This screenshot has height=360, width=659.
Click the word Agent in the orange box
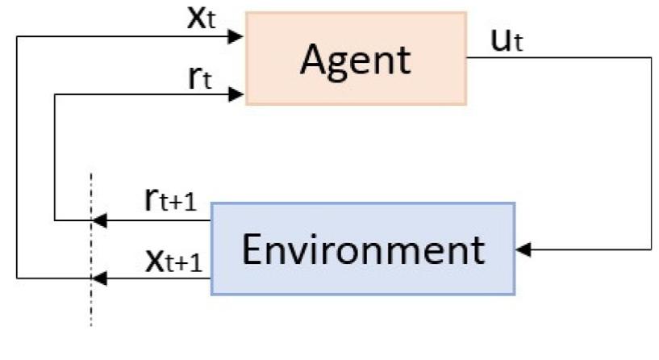click(x=355, y=58)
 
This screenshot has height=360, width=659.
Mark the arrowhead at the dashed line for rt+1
click(x=98, y=220)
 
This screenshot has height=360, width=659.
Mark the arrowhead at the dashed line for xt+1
click(x=98, y=278)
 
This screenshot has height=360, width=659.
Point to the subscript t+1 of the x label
click(x=181, y=264)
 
